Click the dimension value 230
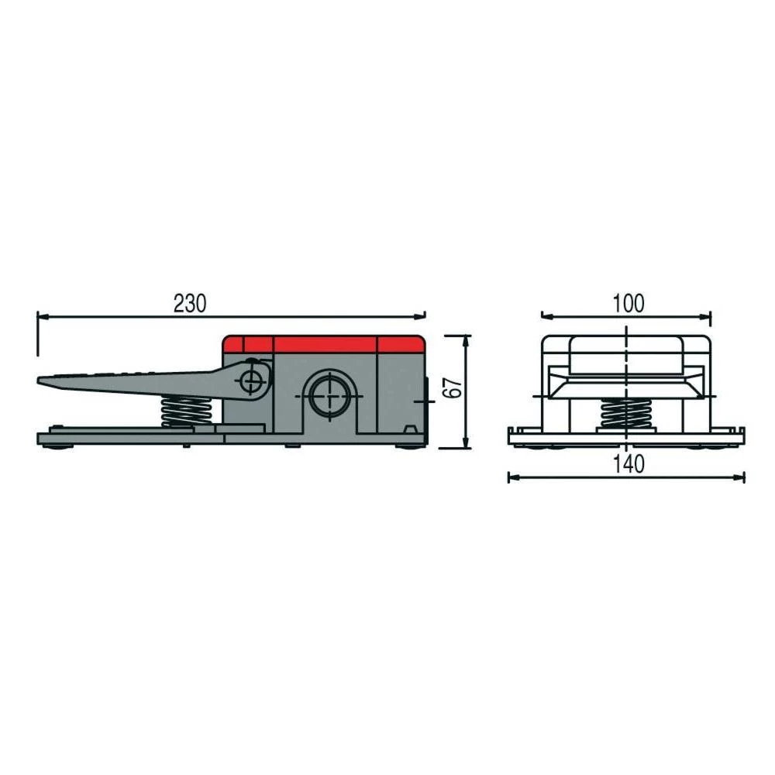190,304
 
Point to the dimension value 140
627,464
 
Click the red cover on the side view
323,344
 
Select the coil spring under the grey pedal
187,411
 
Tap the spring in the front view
627,413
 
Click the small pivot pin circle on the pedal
251,381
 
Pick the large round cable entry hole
329,394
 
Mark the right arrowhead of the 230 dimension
421,316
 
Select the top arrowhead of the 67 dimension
466,339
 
